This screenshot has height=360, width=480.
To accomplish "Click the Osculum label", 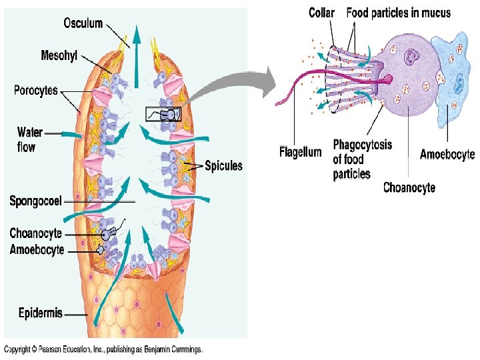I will click(83, 23).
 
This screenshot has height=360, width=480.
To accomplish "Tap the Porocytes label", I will click(36, 90).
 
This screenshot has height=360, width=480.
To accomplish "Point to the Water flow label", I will click(31, 139).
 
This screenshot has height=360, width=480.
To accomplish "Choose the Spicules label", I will click(223, 165).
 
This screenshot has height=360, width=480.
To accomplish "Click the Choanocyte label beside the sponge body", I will click(35, 233).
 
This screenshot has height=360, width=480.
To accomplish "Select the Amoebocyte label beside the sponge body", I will click(37, 250).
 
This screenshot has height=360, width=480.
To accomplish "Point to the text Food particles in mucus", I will click(398, 13).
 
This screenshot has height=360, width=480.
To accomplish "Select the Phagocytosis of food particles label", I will click(362, 159).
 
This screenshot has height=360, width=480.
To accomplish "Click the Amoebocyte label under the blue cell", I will click(447, 155).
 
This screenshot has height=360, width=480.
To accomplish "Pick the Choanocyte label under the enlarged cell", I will click(409, 187).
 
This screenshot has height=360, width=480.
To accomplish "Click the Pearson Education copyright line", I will click(103, 349).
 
